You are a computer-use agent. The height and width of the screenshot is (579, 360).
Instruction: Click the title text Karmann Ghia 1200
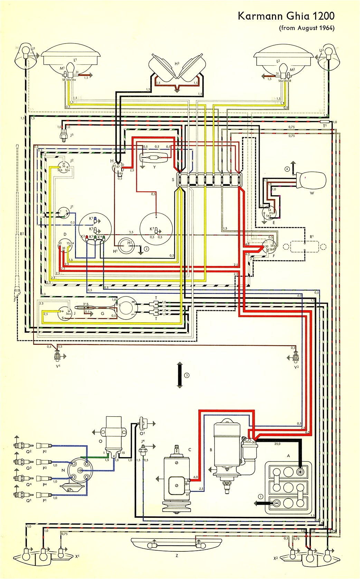286,16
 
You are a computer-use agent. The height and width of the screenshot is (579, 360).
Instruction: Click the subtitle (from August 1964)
306,28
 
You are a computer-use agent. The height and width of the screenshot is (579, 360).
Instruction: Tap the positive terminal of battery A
300,472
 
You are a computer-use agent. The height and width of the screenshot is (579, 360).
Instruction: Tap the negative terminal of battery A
276,503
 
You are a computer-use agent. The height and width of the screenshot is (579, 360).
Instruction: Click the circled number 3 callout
187,375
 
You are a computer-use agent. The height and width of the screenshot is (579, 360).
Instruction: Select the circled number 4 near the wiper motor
287,169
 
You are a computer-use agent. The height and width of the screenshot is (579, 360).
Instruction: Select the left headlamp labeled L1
71,59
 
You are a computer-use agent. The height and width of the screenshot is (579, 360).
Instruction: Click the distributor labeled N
80,471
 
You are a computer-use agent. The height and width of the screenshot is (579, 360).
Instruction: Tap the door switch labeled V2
295,358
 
